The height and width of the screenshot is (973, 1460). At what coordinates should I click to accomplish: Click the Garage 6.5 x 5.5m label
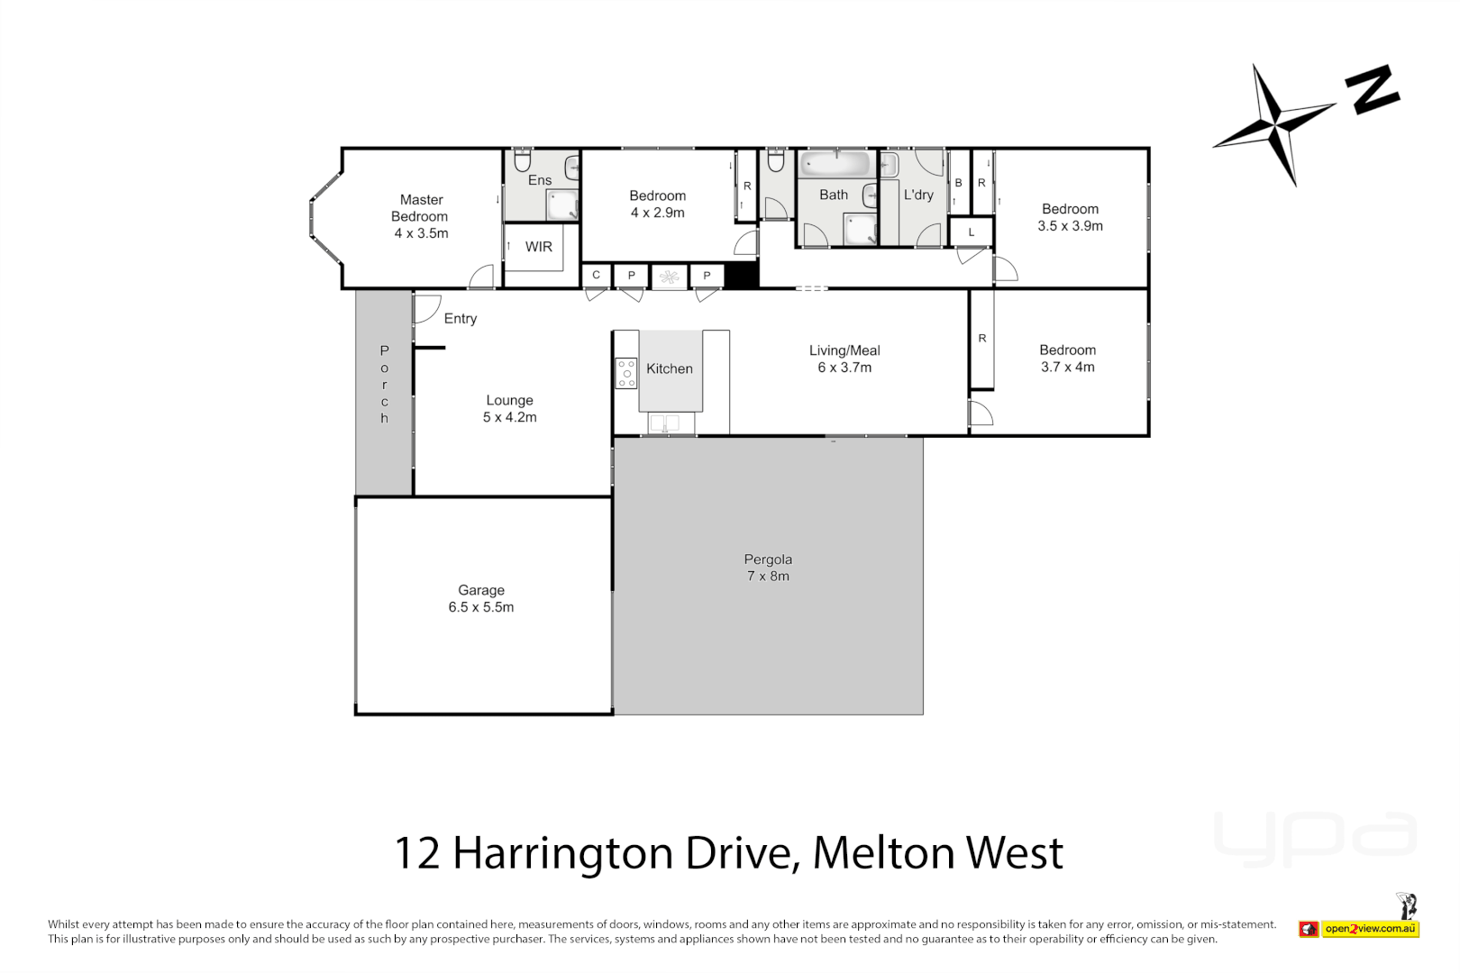coord(481,599)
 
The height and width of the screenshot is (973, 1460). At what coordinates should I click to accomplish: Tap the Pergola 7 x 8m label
coord(768,568)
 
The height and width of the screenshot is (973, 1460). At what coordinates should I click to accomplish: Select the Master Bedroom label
coord(421,216)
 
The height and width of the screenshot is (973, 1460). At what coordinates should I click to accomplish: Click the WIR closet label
coord(539,247)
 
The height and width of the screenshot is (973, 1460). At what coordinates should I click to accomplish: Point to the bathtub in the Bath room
coord(836,164)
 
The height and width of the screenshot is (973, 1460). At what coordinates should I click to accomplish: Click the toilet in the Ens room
coord(522,161)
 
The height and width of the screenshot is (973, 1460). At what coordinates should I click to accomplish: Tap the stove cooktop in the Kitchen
coord(625,373)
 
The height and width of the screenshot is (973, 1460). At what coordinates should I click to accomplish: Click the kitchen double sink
coord(665,423)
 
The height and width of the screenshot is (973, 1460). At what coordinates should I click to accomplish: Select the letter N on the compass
coord(1372,89)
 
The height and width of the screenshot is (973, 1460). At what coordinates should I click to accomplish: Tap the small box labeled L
coord(972,232)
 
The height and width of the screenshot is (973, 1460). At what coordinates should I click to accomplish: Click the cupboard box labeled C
coord(596,276)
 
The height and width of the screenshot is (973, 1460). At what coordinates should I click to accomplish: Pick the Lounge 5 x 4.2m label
coord(510,408)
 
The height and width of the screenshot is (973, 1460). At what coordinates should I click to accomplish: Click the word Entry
coord(460,319)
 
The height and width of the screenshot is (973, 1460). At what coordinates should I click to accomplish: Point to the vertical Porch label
coord(385,384)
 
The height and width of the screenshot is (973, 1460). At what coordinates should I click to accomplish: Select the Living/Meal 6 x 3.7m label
coord(844,359)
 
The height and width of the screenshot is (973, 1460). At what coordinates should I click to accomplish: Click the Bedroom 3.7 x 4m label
coord(1067,359)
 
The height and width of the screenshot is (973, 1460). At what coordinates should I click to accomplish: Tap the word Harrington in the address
coord(562,853)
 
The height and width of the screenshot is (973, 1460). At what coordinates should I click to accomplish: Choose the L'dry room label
coord(918,195)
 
